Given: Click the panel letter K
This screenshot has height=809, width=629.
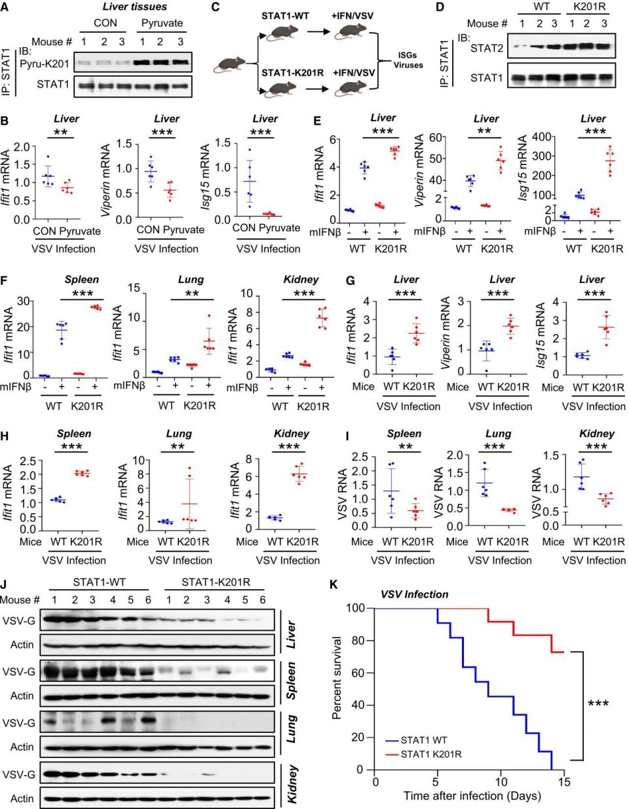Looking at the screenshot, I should point(334,584).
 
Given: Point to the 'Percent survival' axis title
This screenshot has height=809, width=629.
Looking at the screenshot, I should point(337,677).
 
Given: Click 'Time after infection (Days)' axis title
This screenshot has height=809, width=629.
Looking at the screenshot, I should point(472,796).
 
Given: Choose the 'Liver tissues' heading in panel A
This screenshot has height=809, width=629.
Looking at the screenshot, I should point(134,7).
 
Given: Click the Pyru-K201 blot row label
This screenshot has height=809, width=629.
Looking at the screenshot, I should point(45,64).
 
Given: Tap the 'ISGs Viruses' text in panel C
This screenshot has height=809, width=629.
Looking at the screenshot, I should point(408,60).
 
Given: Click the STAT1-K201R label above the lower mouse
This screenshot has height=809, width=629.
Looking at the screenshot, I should point(293,73).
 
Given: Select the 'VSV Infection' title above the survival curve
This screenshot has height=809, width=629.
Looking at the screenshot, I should point(415,595).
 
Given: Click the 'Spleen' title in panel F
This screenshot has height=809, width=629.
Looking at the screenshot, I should point(81,279).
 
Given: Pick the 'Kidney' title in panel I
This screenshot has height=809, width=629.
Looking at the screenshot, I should point(597,434).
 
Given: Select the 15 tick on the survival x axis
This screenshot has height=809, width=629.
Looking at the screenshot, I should point(564,781).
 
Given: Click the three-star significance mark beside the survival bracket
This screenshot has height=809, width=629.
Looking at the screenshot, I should point(598,704).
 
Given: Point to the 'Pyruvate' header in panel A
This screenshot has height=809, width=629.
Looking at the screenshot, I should point(162,23).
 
